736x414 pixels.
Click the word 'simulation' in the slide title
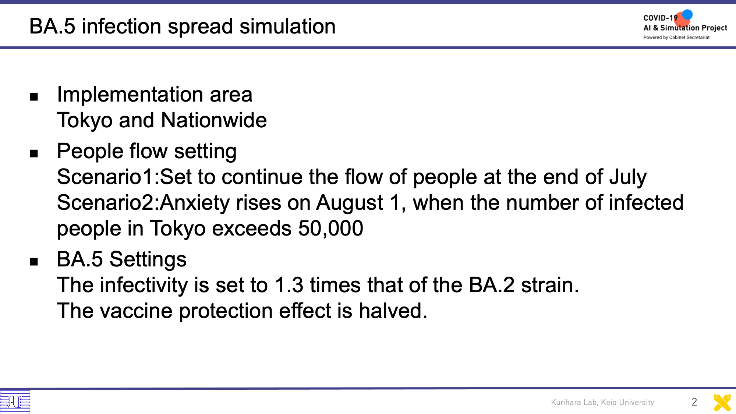pyautogui.click(x=287, y=26)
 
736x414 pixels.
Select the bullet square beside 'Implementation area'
pyautogui.click(x=34, y=97)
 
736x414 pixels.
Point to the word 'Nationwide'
pyautogui.click(x=214, y=120)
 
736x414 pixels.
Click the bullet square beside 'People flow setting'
pyautogui.click(x=34, y=153)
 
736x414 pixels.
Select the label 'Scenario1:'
pyautogui.click(x=108, y=177)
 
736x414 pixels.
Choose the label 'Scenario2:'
pyautogui.click(x=108, y=203)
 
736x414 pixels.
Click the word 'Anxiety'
pyautogui.click(x=195, y=203)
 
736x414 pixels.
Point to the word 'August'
pyautogui.click(x=350, y=203)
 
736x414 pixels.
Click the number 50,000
pyautogui.click(x=330, y=229)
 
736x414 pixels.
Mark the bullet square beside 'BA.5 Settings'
pyautogui.click(x=34, y=262)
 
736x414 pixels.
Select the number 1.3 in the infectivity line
pyautogui.click(x=289, y=285)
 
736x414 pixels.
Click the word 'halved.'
pyautogui.click(x=393, y=311)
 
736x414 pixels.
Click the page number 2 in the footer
pyautogui.click(x=694, y=402)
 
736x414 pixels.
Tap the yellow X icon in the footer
pyautogui.click(x=722, y=403)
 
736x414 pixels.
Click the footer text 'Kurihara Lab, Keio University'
pyautogui.click(x=602, y=402)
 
